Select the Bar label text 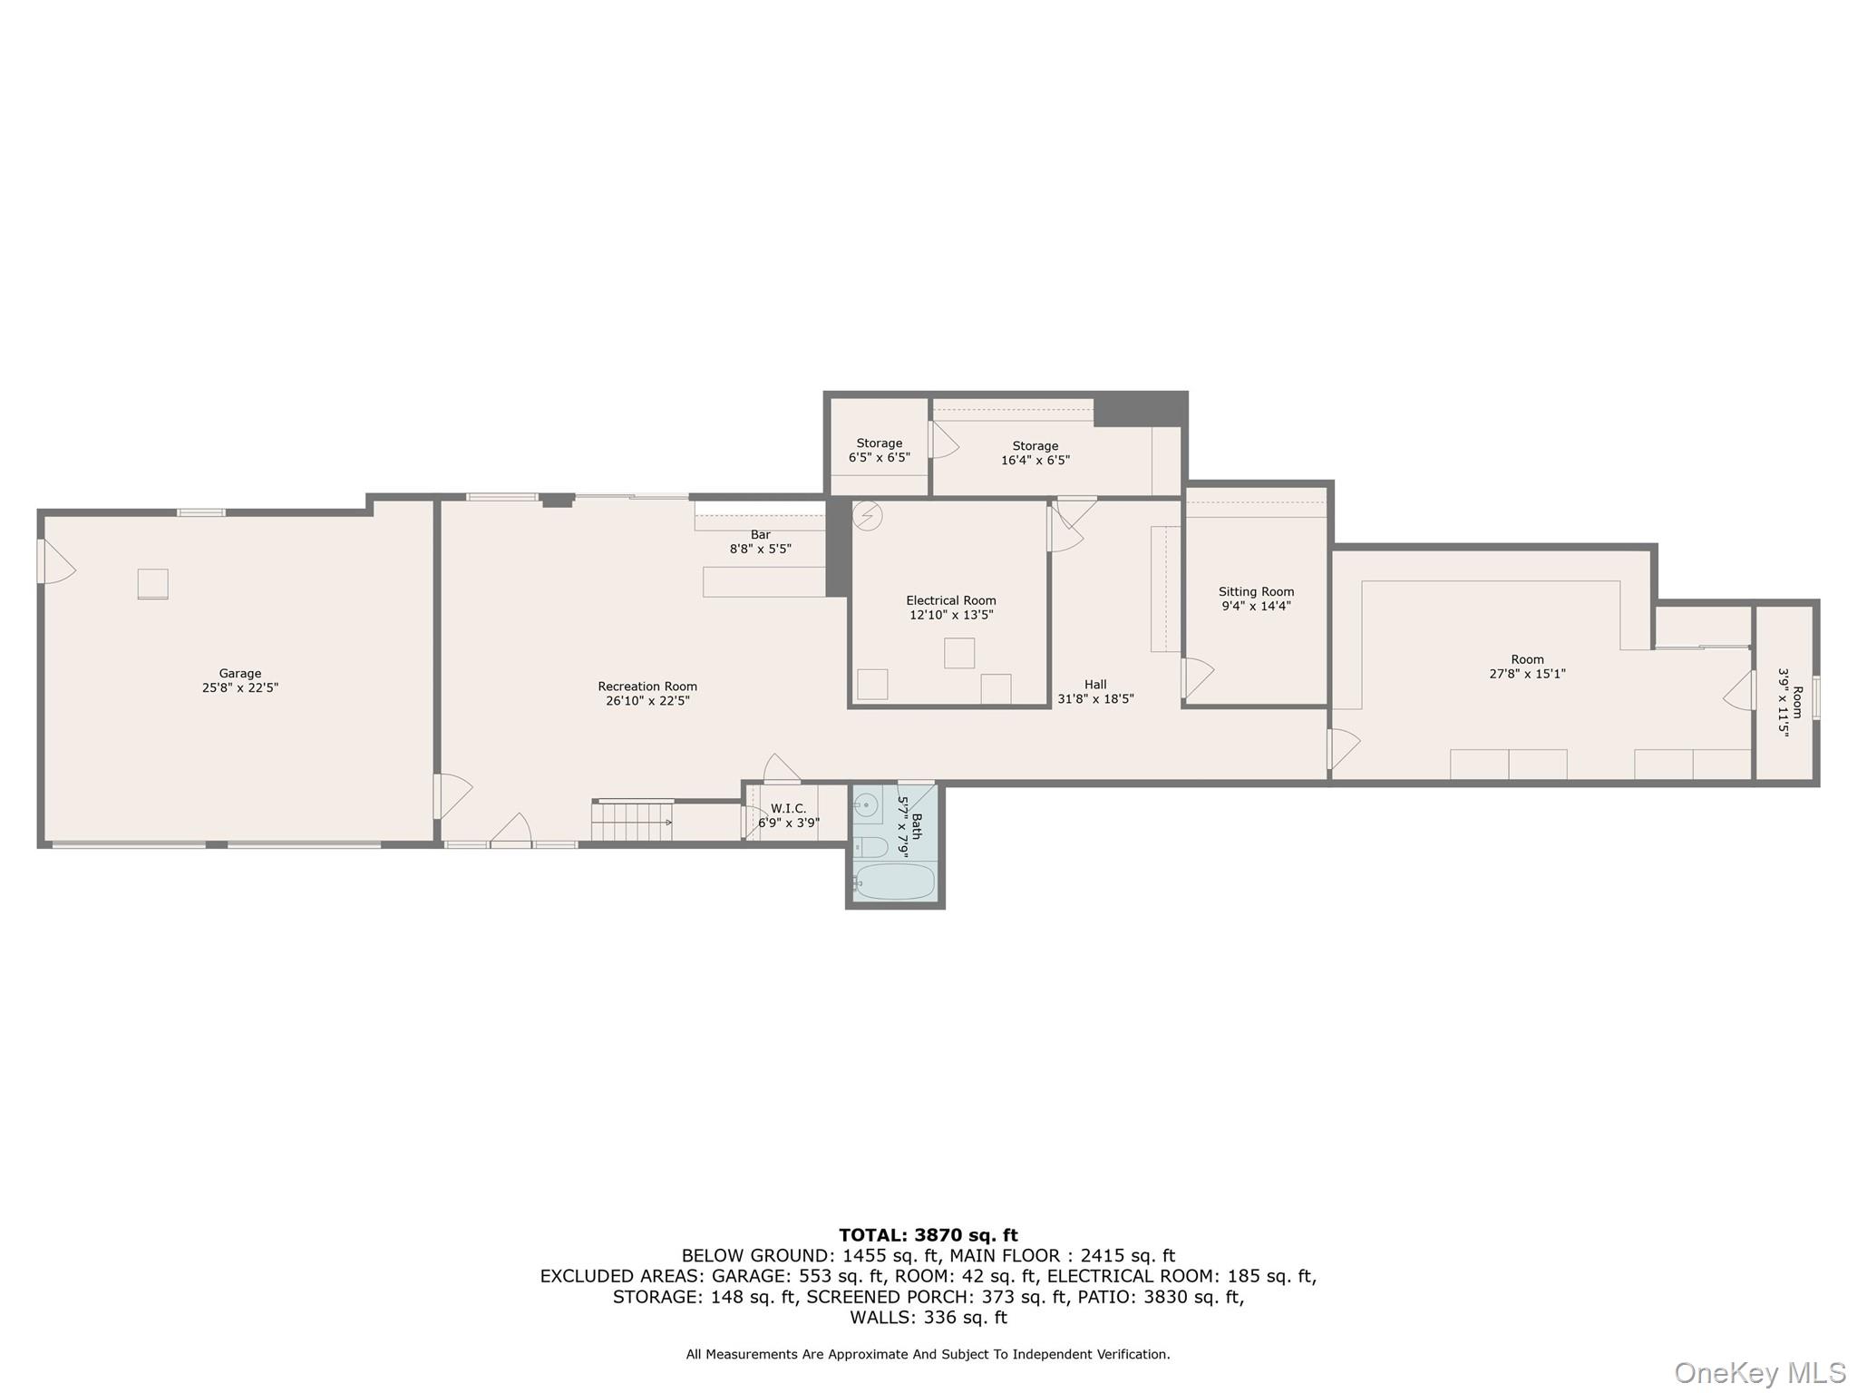point(760,535)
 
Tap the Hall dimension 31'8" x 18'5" point(1095,699)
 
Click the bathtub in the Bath point(895,882)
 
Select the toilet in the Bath point(871,847)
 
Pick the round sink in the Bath point(866,804)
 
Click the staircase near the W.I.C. point(632,822)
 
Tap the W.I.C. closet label point(788,808)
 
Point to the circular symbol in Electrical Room point(868,516)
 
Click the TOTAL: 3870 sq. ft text point(928,1234)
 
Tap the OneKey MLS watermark point(1760,1373)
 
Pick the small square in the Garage point(152,584)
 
